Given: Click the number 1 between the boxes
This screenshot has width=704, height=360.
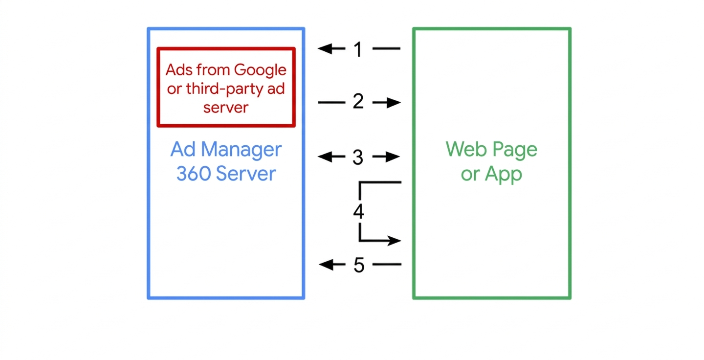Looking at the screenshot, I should click(358, 49).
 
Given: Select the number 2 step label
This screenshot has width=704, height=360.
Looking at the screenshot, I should click(358, 102).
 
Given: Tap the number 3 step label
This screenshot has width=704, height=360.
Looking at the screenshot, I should click(358, 157).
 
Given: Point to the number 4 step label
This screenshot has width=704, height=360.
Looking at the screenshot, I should click(358, 212).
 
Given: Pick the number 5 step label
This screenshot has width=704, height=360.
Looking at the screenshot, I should click(359, 265).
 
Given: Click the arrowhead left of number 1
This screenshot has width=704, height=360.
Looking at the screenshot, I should click(325, 48).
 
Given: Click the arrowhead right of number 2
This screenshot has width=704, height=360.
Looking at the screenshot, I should click(394, 103).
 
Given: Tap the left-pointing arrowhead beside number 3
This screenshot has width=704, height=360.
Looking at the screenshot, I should click(325, 157).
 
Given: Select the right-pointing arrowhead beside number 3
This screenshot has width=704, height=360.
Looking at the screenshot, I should click(394, 157).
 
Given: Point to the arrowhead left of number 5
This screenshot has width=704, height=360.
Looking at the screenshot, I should click(326, 265).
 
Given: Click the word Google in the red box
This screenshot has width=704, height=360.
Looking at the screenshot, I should click(260, 70).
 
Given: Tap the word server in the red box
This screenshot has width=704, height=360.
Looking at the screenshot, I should click(226, 107).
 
